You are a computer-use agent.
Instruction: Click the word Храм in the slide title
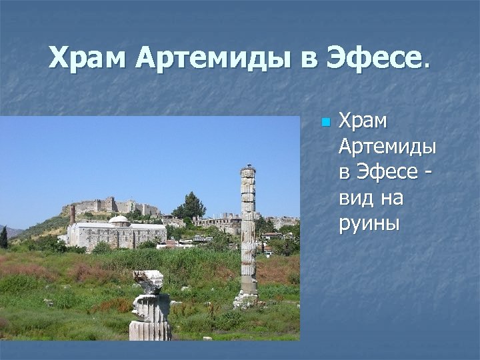pyautogui.click(x=87, y=59)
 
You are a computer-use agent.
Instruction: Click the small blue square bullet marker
pyautogui.click(x=325, y=123)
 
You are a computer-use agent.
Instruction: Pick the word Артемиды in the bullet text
pyautogui.click(x=387, y=147)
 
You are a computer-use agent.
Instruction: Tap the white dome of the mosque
pyautogui.click(x=119, y=219)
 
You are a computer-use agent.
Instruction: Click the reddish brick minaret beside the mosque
pyautogui.click(x=73, y=215)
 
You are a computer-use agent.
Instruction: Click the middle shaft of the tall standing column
pyautogui.click(x=248, y=227)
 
